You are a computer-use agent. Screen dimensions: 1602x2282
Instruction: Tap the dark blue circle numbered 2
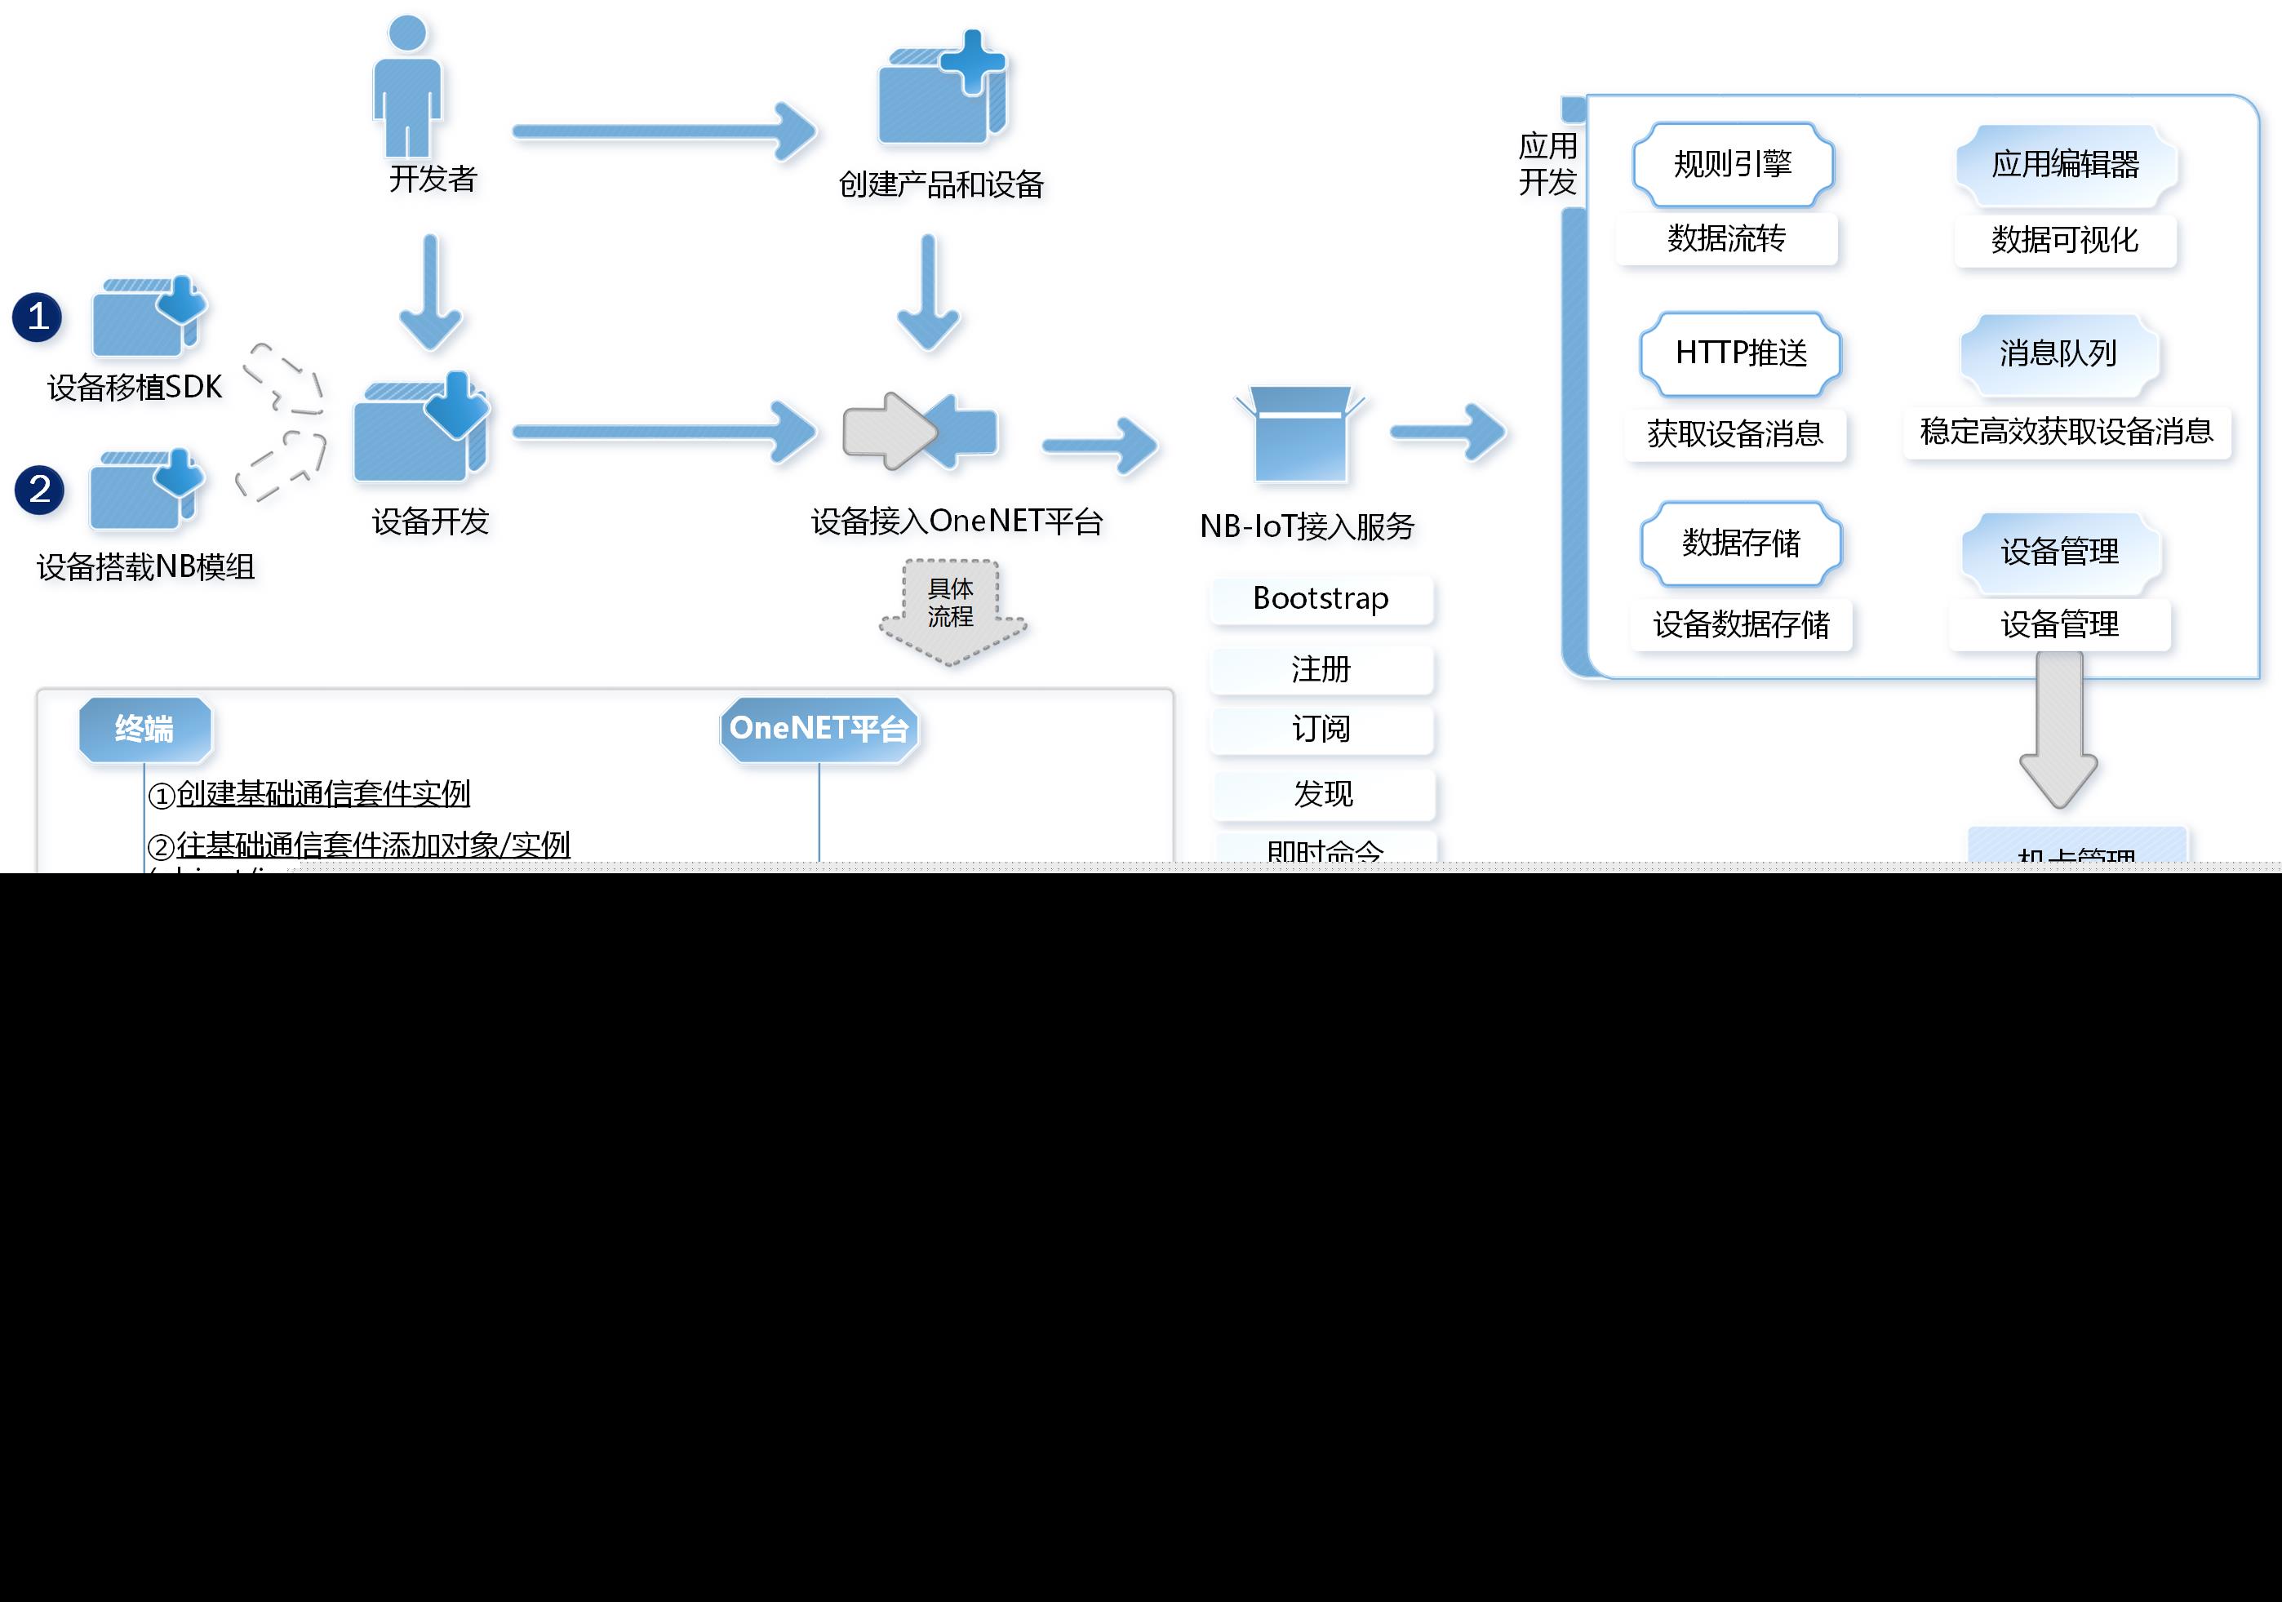pos(40,490)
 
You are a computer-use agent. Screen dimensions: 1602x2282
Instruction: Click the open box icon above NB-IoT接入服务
pos(1300,434)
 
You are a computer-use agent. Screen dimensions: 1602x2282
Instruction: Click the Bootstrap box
pos(1321,599)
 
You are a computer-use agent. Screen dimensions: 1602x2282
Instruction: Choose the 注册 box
pos(1321,670)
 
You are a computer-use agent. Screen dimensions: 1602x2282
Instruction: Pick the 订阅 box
pos(1321,730)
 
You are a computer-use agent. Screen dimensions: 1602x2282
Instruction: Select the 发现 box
pos(1323,794)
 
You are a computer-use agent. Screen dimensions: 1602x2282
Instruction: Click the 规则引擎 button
pos(1733,164)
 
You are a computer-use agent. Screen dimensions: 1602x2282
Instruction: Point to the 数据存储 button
pos(1740,544)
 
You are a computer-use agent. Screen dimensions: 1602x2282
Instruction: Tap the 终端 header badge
pos(145,730)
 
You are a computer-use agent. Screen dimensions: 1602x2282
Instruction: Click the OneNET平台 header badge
pos(819,730)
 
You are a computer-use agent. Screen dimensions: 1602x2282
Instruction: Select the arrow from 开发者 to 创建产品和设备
pos(664,131)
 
